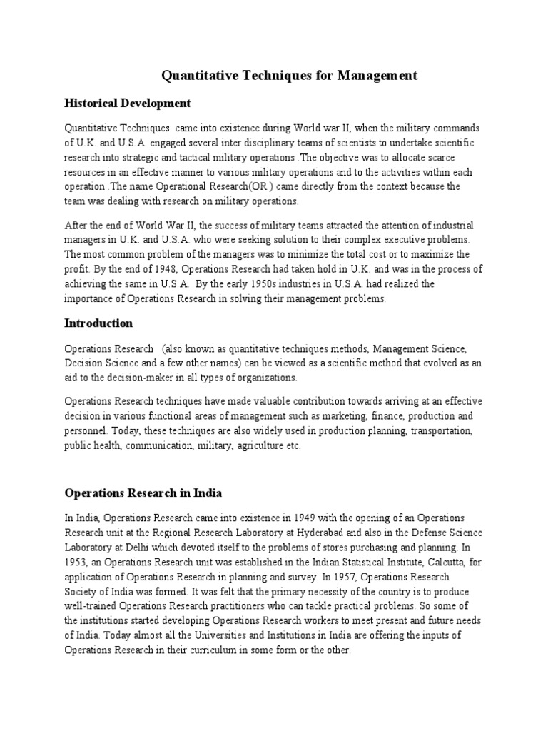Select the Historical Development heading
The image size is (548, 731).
coord(128,104)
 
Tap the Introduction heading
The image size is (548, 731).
coord(98,323)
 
